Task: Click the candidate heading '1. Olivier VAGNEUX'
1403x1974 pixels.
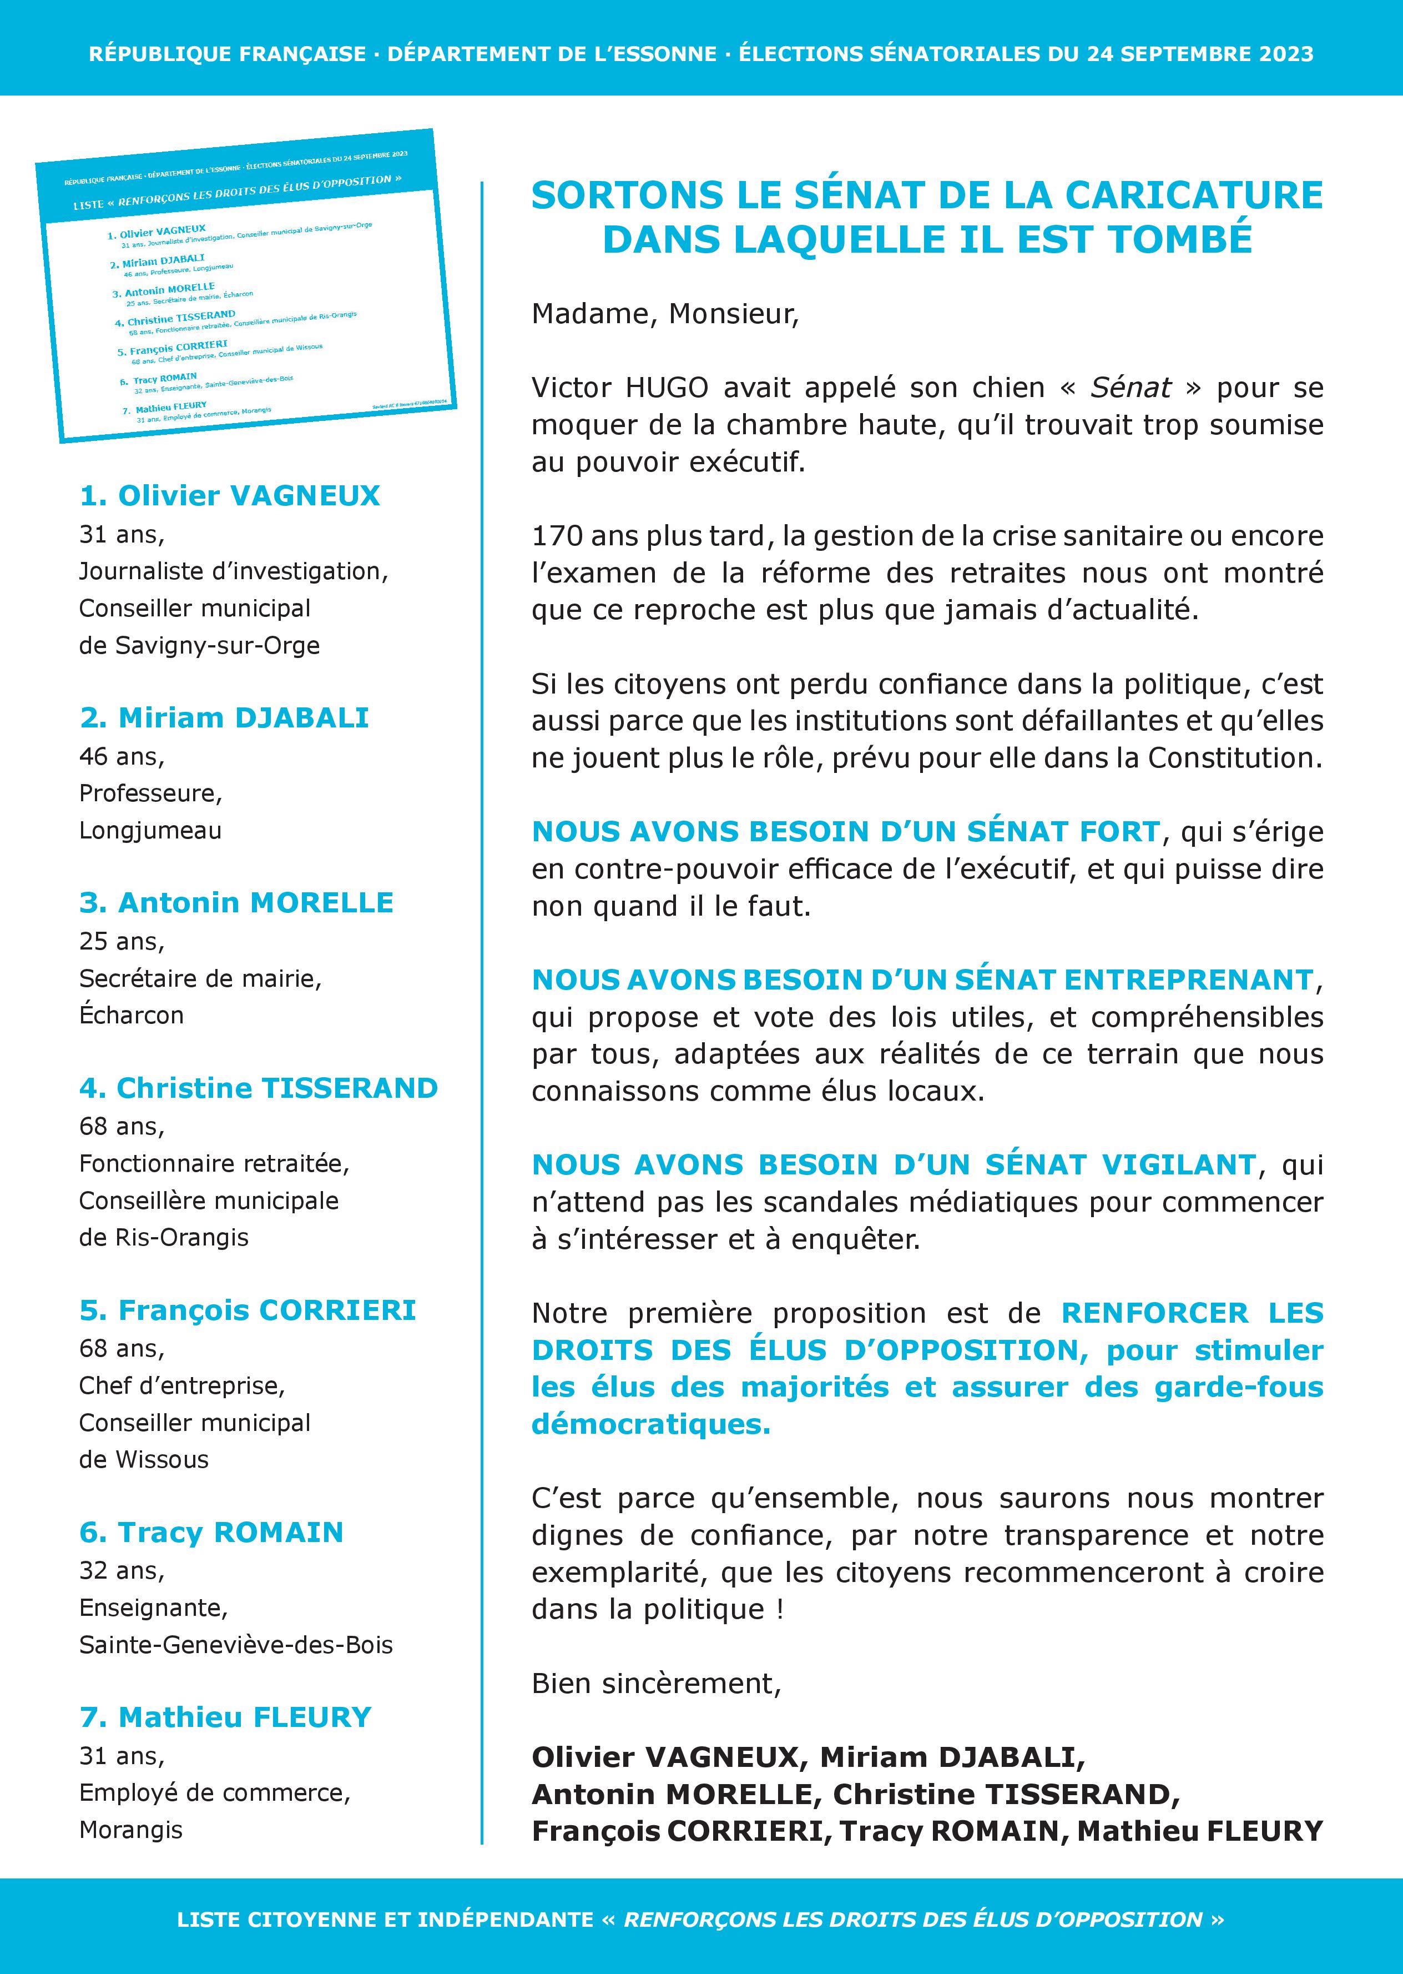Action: pyautogui.click(x=229, y=495)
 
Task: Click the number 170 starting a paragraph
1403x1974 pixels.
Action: pyautogui.click(x=557, y=536)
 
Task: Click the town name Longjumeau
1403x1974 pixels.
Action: pyautogui.click(x=150, y=831)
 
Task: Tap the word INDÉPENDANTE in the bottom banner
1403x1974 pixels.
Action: pyautogui.click(x=506, y=1920)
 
